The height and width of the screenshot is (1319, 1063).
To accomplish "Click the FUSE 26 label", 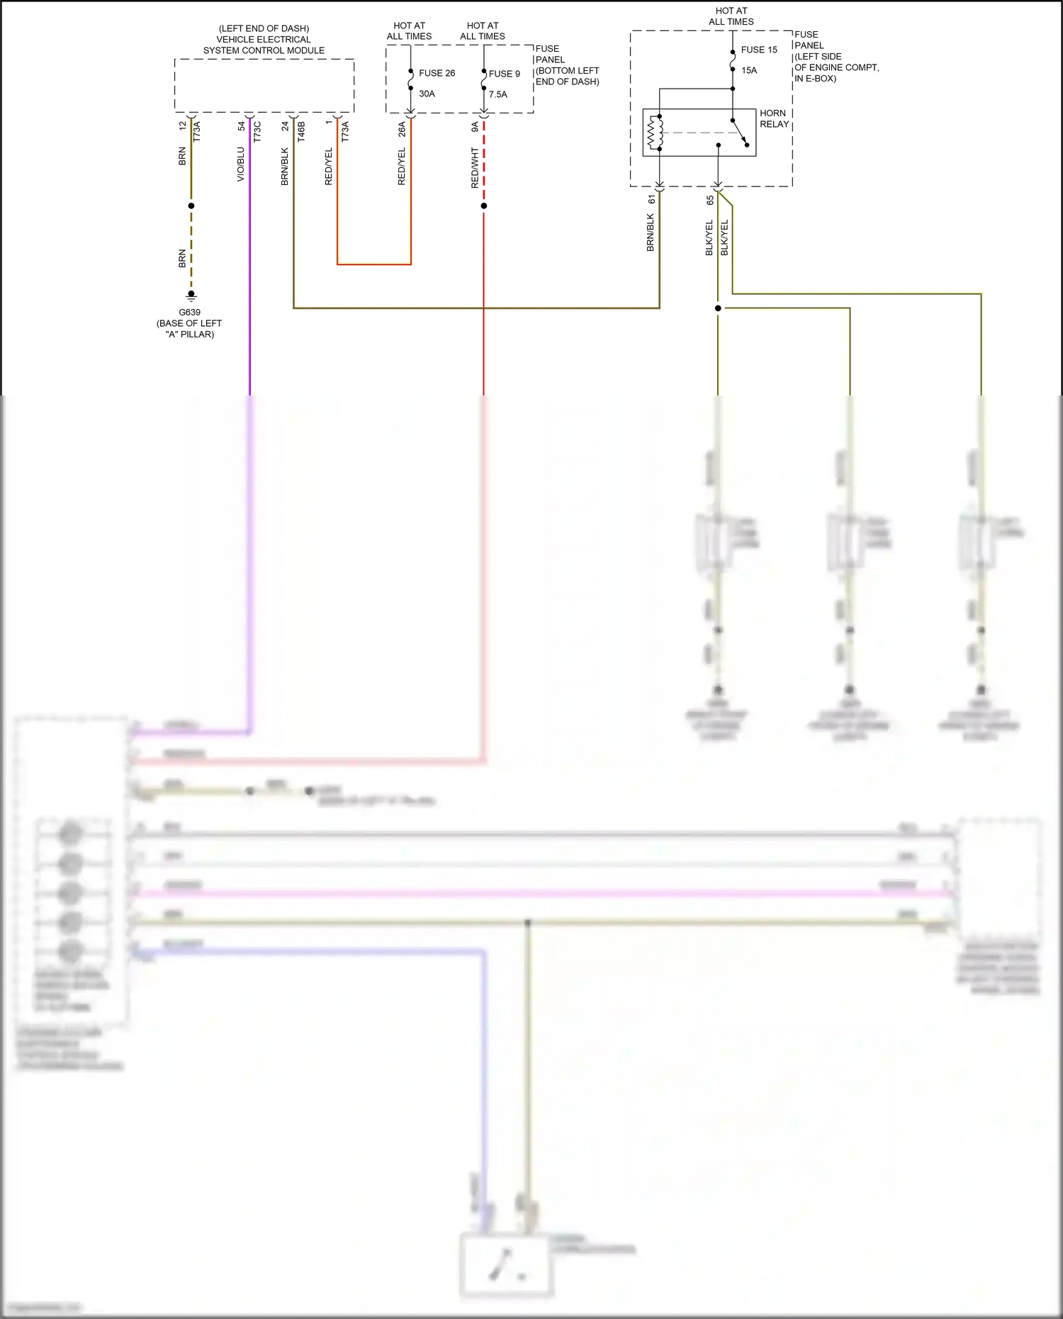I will coord(437,73).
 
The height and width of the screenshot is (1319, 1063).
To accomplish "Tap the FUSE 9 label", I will coord(504,74).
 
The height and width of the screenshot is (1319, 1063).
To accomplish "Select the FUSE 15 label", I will coord(759,50).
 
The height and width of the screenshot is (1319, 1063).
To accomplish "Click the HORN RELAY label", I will coord(774,118).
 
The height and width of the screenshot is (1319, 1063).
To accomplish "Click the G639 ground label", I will coord(189,312).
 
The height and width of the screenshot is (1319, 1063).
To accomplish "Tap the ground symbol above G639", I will coord(191,296).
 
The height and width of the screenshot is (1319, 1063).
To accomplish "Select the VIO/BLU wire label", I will coord(240,164).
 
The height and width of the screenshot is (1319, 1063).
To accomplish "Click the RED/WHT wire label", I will coord(475,168).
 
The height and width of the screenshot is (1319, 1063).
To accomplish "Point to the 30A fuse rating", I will coord(427,94).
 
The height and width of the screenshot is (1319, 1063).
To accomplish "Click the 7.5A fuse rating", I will coord(497,94).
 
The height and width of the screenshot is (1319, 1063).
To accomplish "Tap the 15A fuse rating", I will coord(749,70).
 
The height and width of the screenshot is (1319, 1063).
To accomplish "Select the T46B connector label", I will coord(301,132).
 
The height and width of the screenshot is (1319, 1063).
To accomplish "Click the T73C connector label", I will coord(257,132).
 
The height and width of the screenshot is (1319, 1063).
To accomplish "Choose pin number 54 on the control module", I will coord(241,126).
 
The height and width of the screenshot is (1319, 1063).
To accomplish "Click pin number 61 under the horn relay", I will coord(651,200).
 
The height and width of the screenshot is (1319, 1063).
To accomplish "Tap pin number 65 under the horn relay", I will coord(709,201).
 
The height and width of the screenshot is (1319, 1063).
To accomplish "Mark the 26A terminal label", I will coord(402,129).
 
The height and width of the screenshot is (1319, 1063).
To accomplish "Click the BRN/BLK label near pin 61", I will coord(650,232).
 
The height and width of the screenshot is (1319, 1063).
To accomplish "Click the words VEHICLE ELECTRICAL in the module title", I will coord(264,40).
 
